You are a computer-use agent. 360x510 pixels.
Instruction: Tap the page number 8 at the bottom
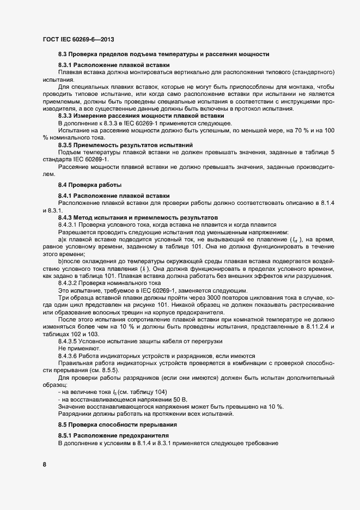tap(45, 464)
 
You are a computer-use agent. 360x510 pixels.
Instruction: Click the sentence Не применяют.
tap(80, 347)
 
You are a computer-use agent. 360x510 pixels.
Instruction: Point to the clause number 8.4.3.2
tap(69, 283)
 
